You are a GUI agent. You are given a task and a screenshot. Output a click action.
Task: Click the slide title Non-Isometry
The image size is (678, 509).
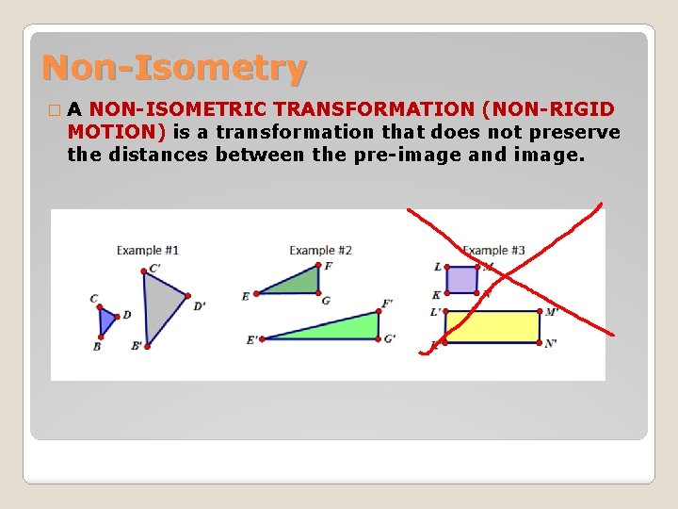(174, 68)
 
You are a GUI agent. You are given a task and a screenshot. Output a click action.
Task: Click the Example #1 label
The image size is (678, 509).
(147, 250)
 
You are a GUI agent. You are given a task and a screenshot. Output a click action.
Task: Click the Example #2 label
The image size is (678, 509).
(320, 250)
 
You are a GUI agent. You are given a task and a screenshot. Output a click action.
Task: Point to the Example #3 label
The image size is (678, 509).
(493, 250)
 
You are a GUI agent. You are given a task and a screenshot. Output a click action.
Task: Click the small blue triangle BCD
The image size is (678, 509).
(106, 320)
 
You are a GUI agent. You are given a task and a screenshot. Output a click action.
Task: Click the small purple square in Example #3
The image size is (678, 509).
(461, 280)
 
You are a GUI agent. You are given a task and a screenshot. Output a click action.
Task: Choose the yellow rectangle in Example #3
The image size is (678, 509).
(492, 327)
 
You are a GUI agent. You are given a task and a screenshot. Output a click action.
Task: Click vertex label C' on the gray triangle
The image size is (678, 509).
(155, 269)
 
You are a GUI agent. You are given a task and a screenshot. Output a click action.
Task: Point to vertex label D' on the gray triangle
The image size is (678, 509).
(199, 305)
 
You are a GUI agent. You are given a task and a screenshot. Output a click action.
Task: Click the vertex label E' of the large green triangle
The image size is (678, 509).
(252, 340)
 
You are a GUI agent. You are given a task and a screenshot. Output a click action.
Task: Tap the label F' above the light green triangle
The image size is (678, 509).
(387, 304)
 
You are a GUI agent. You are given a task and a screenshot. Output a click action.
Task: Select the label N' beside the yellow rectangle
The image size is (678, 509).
(551, 343)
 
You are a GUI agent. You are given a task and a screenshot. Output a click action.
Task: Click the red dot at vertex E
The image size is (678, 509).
(256, 293)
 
